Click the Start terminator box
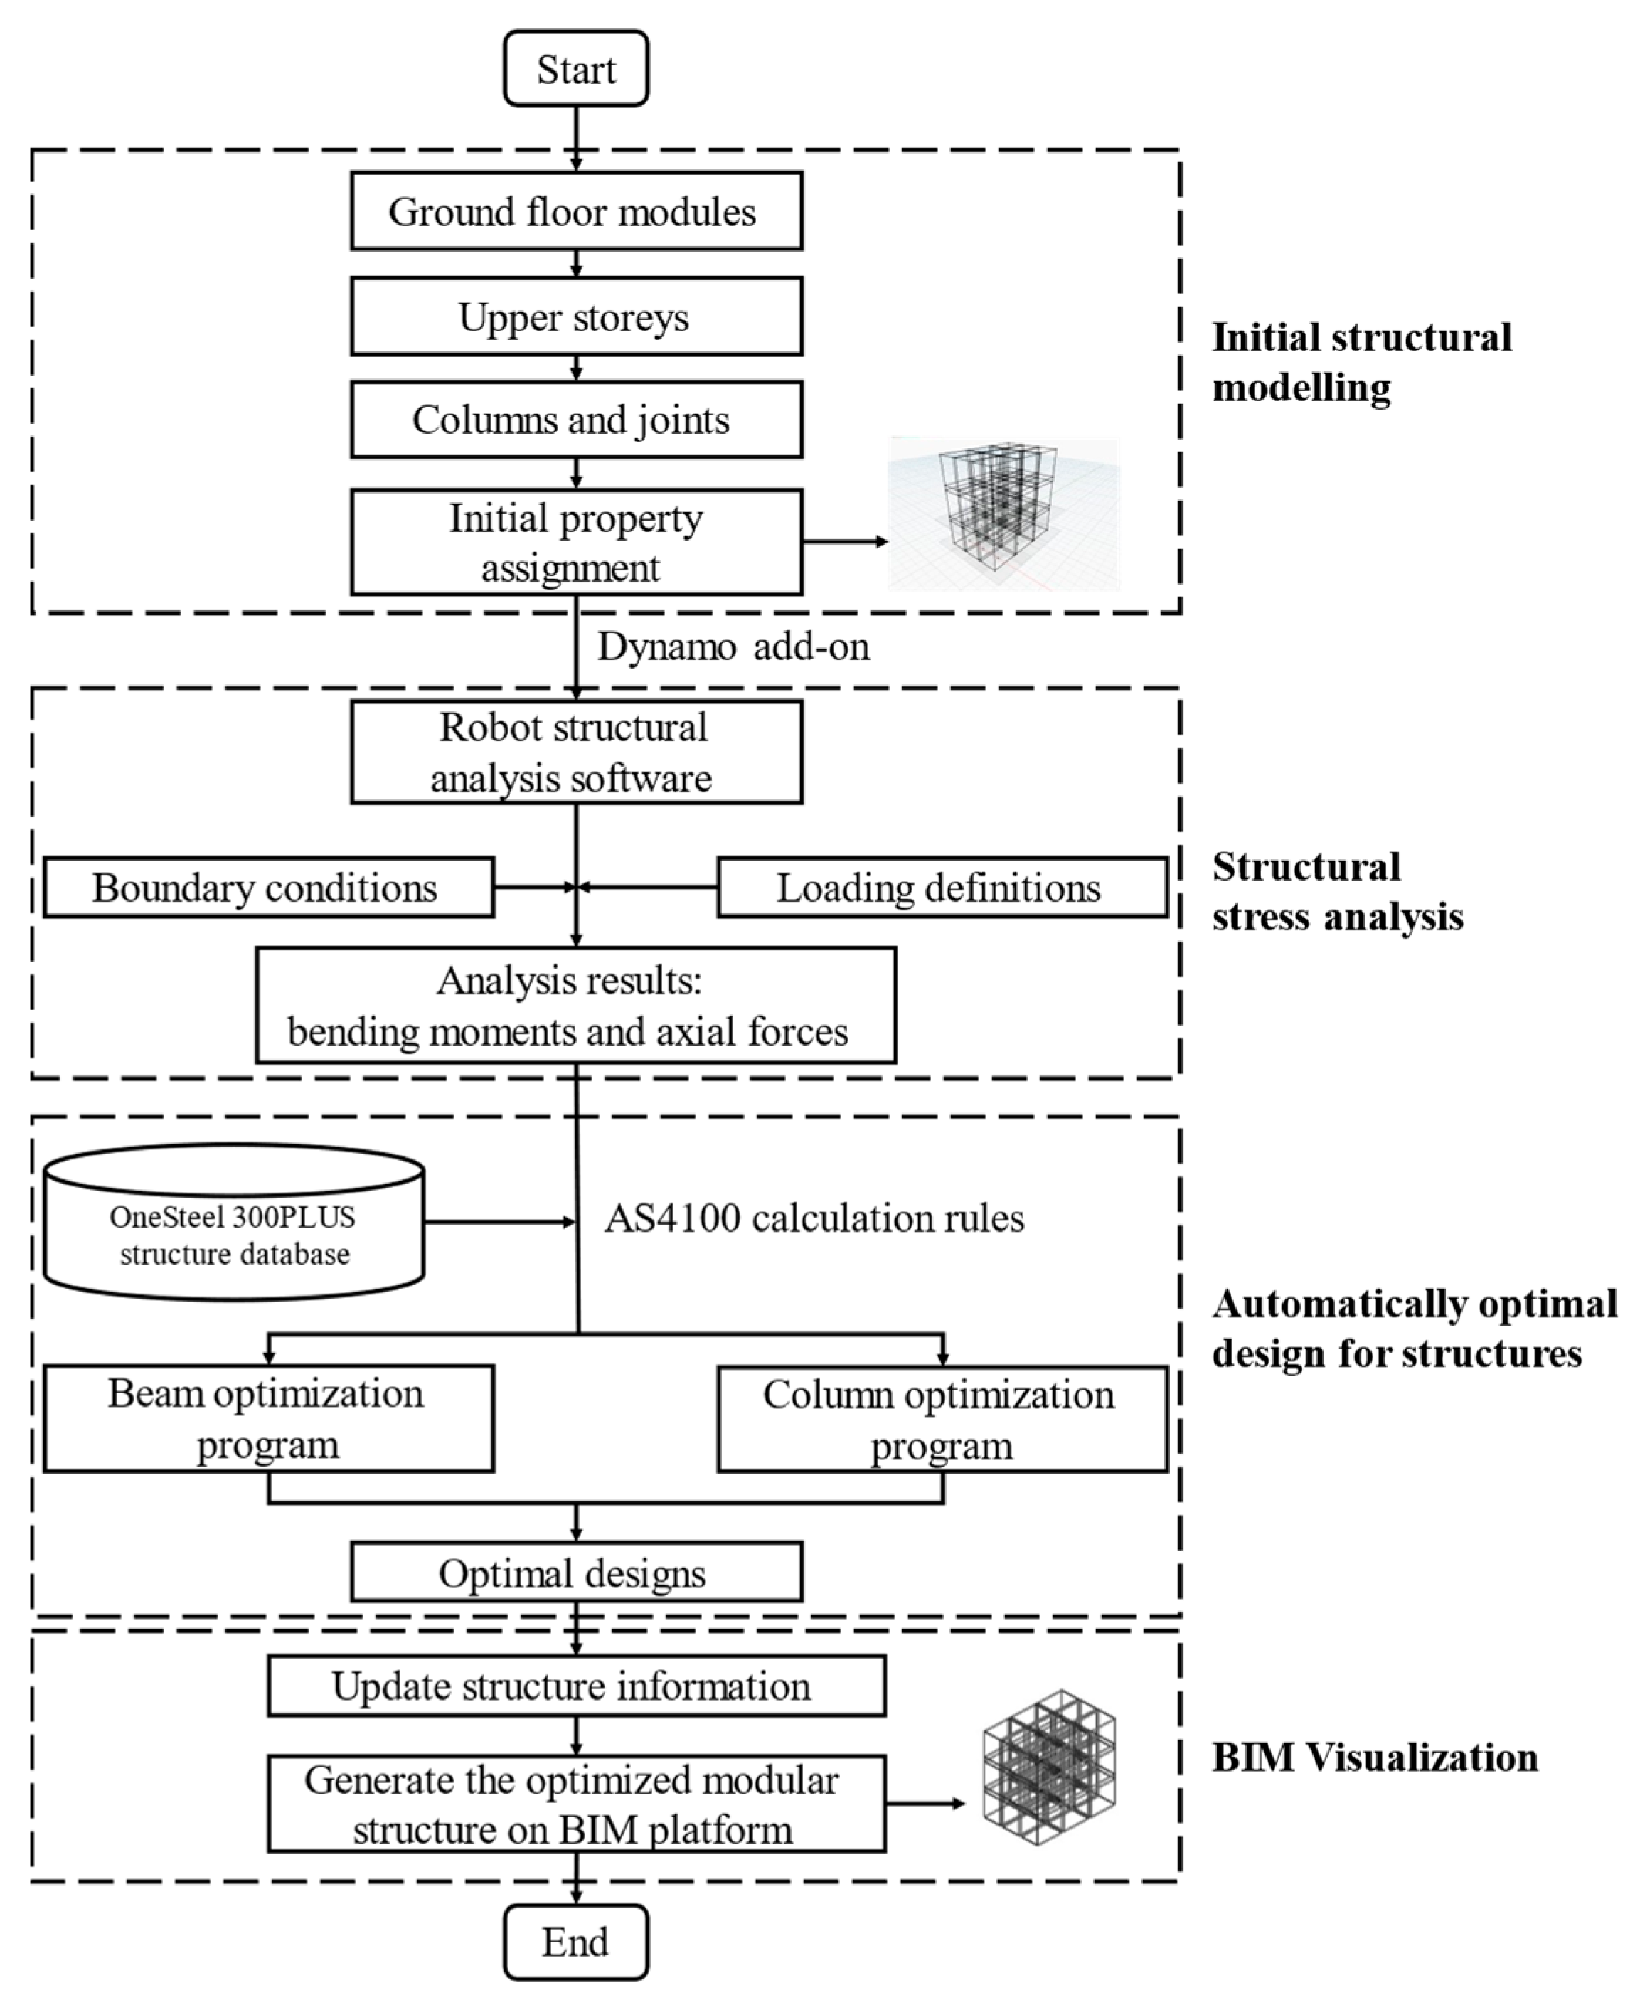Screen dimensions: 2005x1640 coord(575,68)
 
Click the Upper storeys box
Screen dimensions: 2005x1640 coord(575,317)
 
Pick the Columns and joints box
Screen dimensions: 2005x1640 coord(575,420)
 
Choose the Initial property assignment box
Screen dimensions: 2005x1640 coord(575,543)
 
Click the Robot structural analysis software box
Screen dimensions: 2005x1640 coord(575,752)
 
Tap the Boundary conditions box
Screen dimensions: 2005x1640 coord(268,887)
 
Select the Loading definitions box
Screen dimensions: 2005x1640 coord(941,887)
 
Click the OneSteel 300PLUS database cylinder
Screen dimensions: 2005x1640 coord(234,1222)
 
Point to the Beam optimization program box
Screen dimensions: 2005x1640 coord(268,1418)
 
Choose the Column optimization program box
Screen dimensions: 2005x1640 coord(941,1419)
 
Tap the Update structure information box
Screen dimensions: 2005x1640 coord(575,1686)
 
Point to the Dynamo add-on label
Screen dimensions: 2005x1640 coord(733,647)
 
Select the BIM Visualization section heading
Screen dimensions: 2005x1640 coord(1375,1757)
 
